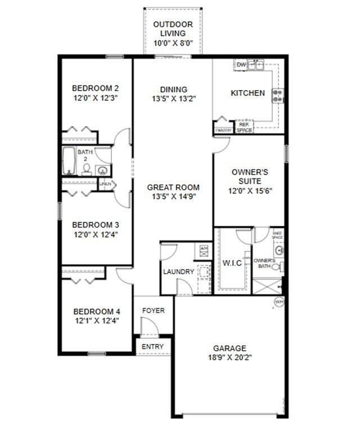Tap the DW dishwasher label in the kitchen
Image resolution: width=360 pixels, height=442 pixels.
(241, 65)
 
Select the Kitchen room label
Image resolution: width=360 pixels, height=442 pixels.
(247, 93)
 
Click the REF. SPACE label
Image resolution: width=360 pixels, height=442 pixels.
(244, 127)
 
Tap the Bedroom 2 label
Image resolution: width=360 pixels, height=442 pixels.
(95, 88)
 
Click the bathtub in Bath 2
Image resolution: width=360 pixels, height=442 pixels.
(69, 162)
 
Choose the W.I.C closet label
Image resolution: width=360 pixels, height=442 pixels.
(232, 263)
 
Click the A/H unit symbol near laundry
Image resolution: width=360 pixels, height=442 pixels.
(204, 248)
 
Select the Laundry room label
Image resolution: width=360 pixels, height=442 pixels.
(178, 272)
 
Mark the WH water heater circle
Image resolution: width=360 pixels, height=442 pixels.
(278, 302)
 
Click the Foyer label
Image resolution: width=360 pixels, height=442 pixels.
(153, 311)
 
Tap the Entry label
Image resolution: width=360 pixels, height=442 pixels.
(152, 346)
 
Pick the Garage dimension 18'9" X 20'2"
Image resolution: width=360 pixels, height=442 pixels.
(229, 357)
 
